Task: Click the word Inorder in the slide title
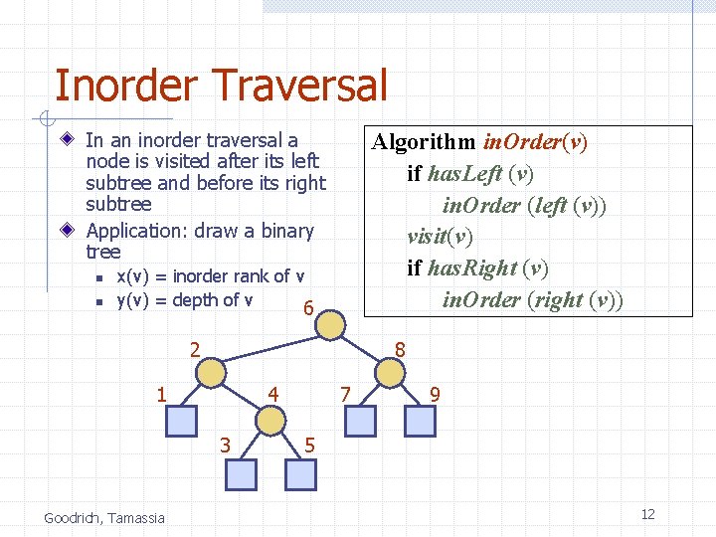click(126, 86)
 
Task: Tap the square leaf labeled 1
click(181, 422)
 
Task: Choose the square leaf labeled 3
click(241, 474)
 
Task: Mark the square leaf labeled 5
click(300, 474)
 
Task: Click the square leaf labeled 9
click(420, 422)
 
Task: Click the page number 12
click(647, 514)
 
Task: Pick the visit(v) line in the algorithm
click(440, 237)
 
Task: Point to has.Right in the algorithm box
click(475, 268)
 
